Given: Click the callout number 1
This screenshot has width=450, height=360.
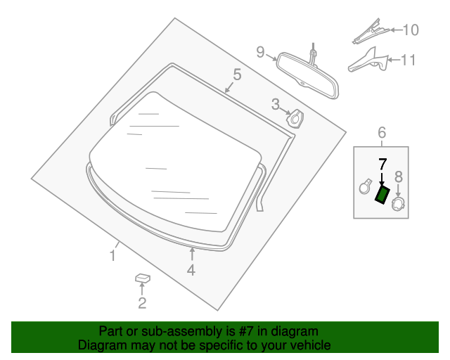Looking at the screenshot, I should pyautogui.click(x=112, y=255).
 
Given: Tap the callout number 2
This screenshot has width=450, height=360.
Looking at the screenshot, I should pyautogui.click(x=142, y=304).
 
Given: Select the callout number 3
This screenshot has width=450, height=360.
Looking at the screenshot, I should pyautogui.click(x=276, y=105).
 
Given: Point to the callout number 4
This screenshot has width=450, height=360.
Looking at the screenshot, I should pyautogui.click(x=191, y=269).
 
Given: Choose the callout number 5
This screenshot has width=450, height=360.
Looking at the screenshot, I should pyautogui.click(x=237, y=74).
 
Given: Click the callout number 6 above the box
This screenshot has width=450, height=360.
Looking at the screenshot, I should pyautogui.click(x=382, y=132).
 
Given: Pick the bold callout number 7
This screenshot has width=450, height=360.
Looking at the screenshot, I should pyautogui.click(x=382, y=165).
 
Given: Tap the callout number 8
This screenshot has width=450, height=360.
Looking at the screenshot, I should pyautogui.click(x=398, y=176).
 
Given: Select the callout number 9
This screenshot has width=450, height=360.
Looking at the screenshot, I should pyautogui.click(x=260, y=51).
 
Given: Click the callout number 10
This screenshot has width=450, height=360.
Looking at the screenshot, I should pyautogui.click(x=409, y=30).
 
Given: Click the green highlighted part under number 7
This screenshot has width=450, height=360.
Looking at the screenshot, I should pyautogui.click(x=382, y=194).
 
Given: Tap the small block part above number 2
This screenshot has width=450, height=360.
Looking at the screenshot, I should pyautogui.click(x=143, y=279).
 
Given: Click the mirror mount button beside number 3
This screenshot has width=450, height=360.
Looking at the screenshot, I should pyautogui.click(x=297, y=119).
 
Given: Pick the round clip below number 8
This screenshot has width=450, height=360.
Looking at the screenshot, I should pyautogui.click(x=398, y=204).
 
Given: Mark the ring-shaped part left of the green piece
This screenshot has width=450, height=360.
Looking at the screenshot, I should pyautogui.click(x=365, y=186).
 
